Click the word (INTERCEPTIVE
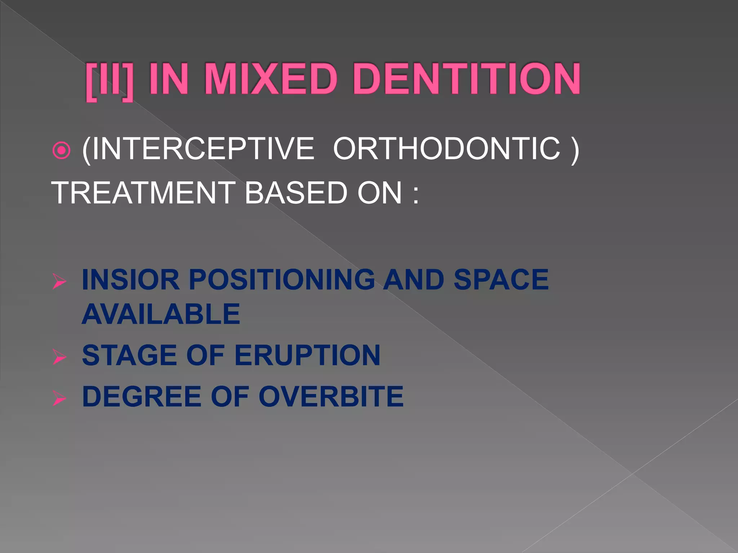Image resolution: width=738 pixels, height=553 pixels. click(x=198, y=149)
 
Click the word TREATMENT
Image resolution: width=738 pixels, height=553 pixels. click(x=143, y=193)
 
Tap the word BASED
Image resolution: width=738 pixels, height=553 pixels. click(x=295, y=193)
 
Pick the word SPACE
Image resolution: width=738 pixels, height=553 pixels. click(x=501, y=280)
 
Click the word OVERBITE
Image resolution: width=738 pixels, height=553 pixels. click(x=331, y=396)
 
